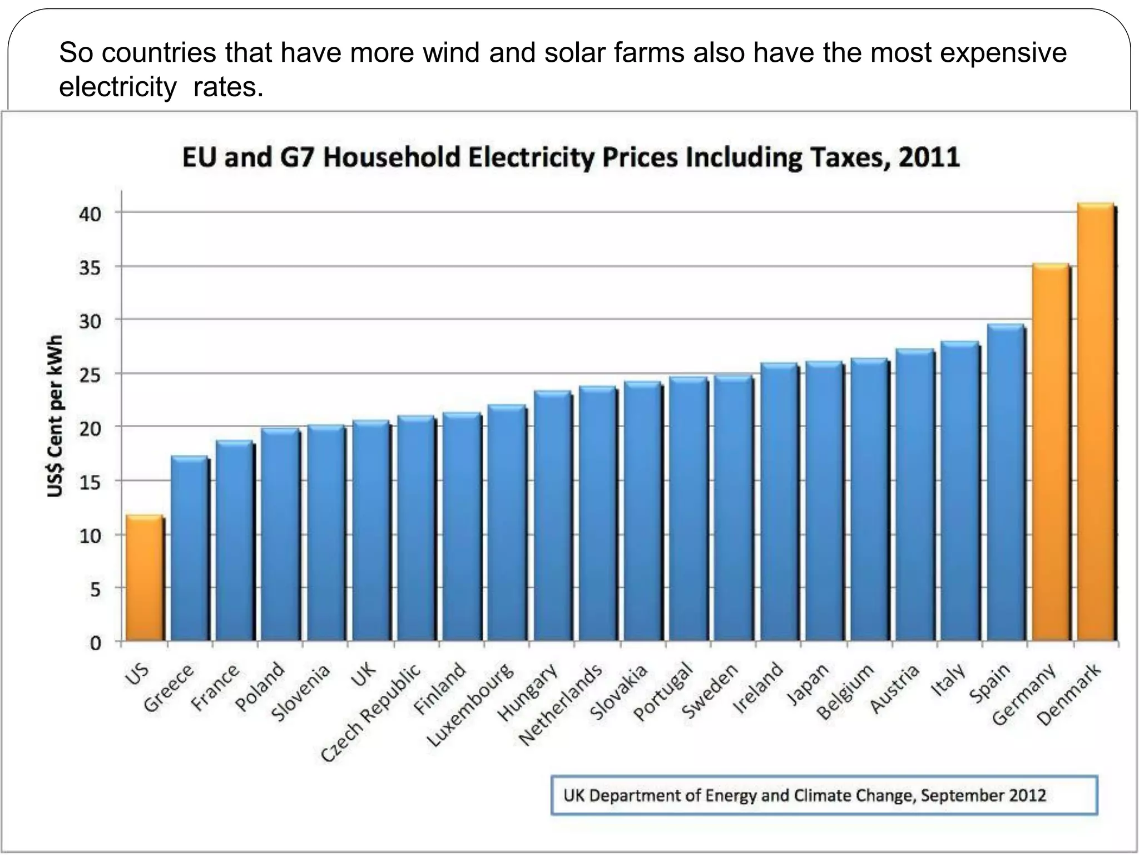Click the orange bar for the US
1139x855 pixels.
coord(144,579)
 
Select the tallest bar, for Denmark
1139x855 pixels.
coord(1095,423)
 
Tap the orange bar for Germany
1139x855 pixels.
coord(1050,454)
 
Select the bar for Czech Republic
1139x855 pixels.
coord(415,529)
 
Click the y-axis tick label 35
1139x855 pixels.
coord(90,268)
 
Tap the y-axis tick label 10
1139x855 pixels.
coord(90,536)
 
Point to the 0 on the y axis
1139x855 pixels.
coord(96,643)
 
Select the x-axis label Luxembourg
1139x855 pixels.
coord(470,705)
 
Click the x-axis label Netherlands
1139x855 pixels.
coord(561,705)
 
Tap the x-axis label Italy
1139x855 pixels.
coord(949,680)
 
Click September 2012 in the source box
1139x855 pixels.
coord(983,795)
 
